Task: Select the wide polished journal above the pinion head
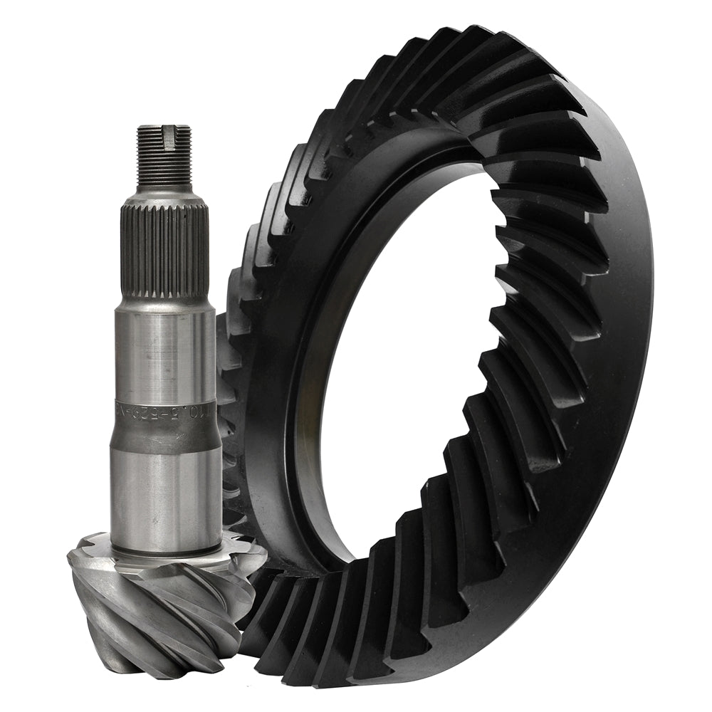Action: pos(165,491)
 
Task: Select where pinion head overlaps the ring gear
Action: pos(246,591)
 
